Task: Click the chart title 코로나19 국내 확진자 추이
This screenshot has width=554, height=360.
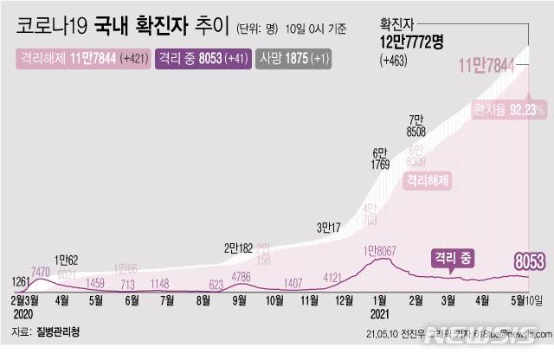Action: (122, 28)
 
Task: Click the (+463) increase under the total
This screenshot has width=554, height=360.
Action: (394, 61)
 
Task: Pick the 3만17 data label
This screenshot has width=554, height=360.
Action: (330, 228)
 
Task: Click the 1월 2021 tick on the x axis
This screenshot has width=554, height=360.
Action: (380, 309)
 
